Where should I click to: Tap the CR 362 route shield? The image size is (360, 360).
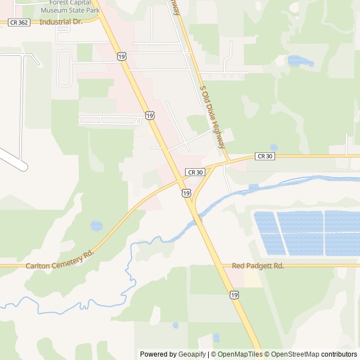(x=19, y=22)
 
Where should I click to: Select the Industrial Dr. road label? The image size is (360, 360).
(x=61, y=22)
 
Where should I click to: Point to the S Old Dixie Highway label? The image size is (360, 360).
(x=213, y=118)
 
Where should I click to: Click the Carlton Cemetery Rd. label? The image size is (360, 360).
(x=59, y=258)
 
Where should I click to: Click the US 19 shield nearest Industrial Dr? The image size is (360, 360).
(x=122, y=56)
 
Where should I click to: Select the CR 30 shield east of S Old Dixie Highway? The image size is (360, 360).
(x=264, y=156)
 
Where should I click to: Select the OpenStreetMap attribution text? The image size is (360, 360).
(x=292, y=354)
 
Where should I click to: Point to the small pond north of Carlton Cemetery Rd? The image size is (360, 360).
(x=97, y=226)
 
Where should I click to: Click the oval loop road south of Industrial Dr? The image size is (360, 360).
(x=64, y=68)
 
